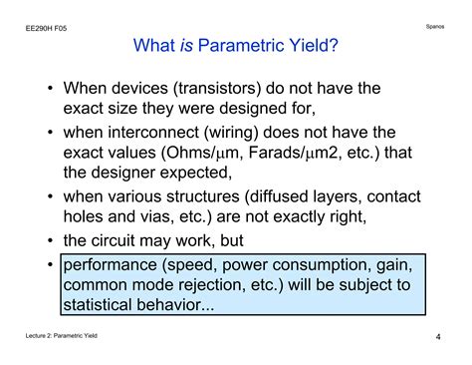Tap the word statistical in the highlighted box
pos(105,306)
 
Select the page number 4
pos(438,337)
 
